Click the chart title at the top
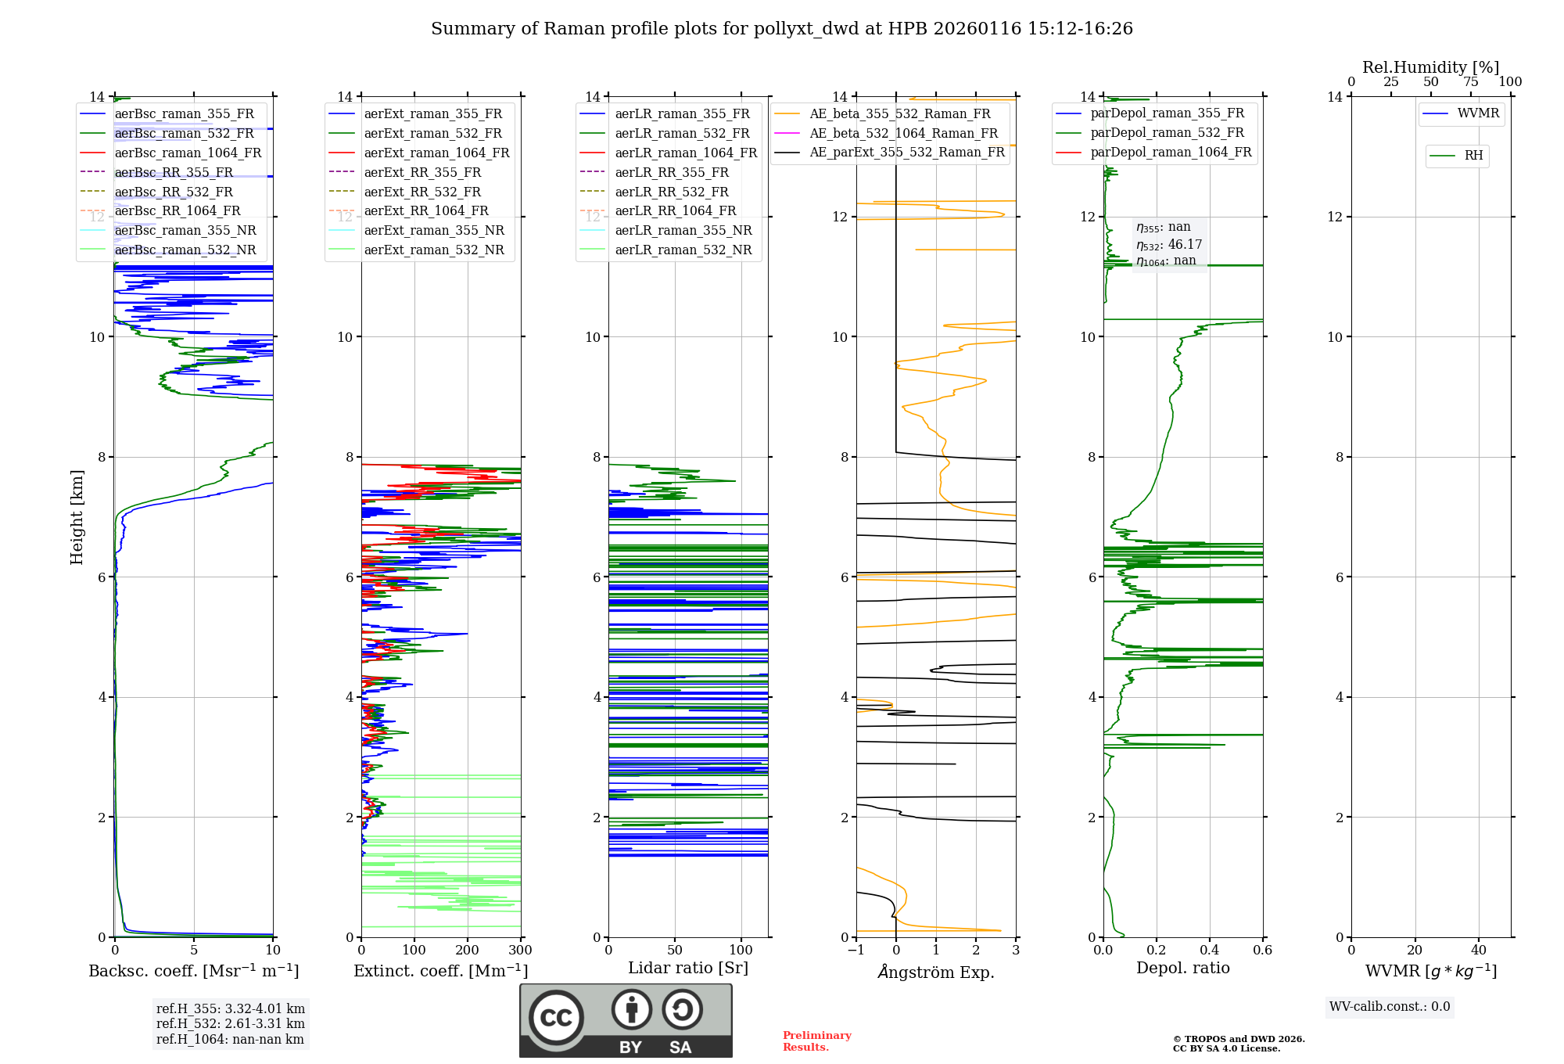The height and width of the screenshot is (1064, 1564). pyautogui.click(x=781, y=29)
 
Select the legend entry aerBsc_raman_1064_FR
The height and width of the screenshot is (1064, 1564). pyautogui.click(x=188, y=153)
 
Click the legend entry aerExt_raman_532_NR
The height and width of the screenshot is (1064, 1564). pyautogui.click(x=434, y=250)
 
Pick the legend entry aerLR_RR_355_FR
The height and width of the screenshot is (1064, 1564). pyautogui.click(x=671, y=172)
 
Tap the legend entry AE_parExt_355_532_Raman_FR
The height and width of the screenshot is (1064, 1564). pyautogui.click(x=906, y=152)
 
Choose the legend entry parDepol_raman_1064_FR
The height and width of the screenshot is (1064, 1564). pyautogui.click(x=1171, y=152)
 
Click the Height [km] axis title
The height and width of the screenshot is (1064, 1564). pyautogui.click(x=77, y=516)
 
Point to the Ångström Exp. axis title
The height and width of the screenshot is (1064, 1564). pyautogui.click(x=936, y=972)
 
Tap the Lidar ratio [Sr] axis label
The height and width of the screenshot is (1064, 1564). pyautogui.click(x=688, y=968)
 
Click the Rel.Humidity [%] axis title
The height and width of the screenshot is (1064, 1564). pyautogui.click(x=1430, y=67)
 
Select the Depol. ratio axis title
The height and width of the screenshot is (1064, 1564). pyautogui.click(x=1182, y=968)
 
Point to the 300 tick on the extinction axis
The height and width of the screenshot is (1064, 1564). pyautogui.click(x=520, y=950)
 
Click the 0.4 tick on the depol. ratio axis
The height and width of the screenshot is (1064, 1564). pyautogui.click(x=1209, y=950)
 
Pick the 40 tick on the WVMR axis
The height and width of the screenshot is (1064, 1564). pyautogui.click(x=1478, y=950)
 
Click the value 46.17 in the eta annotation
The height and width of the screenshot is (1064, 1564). pyautogui.click(x=1185, y=244)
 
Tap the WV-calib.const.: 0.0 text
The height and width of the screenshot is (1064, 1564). pyautogui.click(x=1390, y=1006)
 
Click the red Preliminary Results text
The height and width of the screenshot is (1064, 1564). pyautogui.click(x=816, y=1041)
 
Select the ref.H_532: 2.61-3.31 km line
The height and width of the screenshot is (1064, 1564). pyautogui.click(x=230, y=1023)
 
